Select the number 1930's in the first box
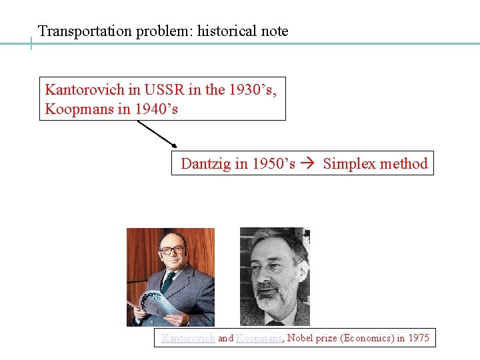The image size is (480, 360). pyautogui.click(x=251, y=90)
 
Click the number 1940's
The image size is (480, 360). pyautogui.click(x=156, y=109)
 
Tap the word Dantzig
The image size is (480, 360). pyautogui.click(x=206, y=164)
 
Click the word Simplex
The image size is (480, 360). pyautogui.click(x=350, y=164)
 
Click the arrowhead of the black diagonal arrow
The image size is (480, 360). pyautogui.click(x=174, y=145)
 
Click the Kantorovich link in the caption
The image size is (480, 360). pyautogui.click(x=188, y=338)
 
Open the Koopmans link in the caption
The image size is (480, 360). pyautogui.click(x=260, y=338)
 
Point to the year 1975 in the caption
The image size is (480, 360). pyautogui.click(x=419, y=338)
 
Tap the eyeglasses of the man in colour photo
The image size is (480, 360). pyautogui.click(x=171, y=250)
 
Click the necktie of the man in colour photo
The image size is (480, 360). pyautogui.click(x=169, y=281)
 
